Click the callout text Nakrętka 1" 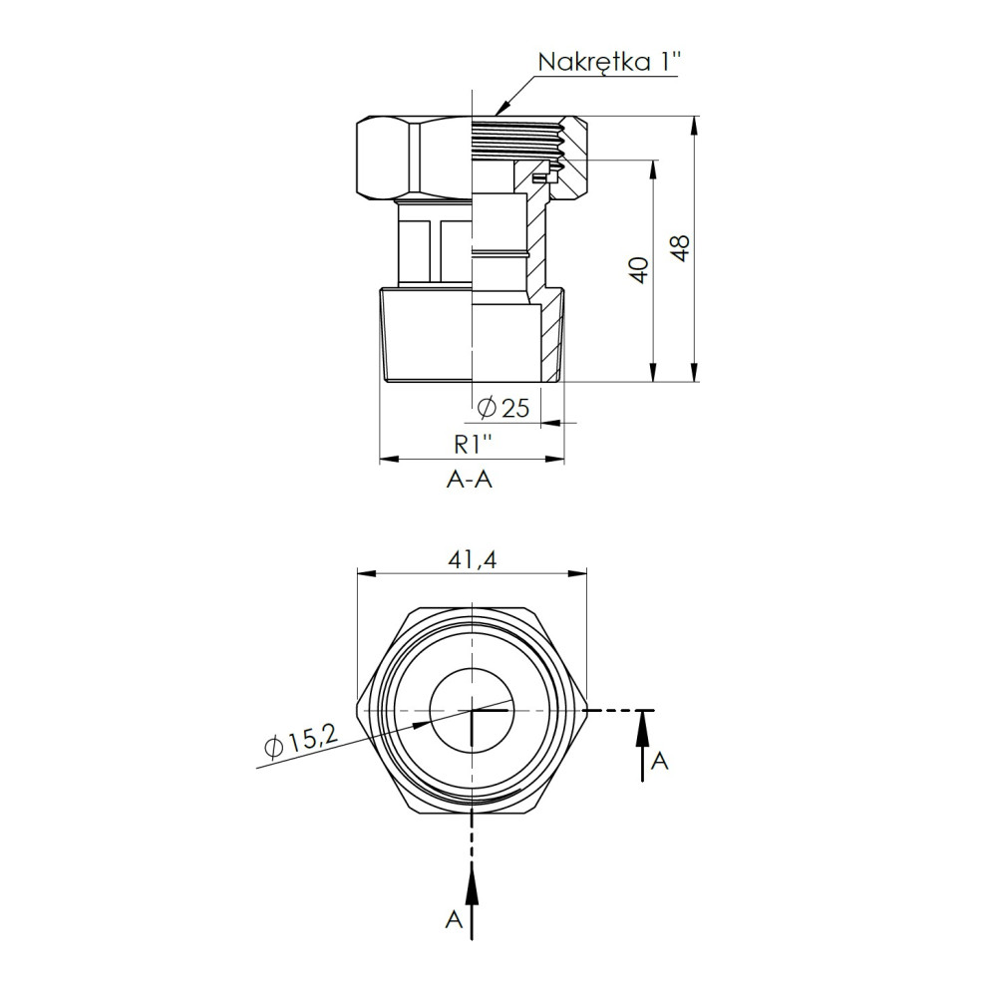pos(609,62)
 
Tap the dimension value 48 pos(682,248)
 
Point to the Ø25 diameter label pos(502,408)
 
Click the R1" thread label pos(473,445)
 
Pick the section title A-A pos(470,480)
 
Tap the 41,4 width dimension pos(472,559)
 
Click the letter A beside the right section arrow pos(659,760)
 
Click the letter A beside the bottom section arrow pos(454,919)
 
